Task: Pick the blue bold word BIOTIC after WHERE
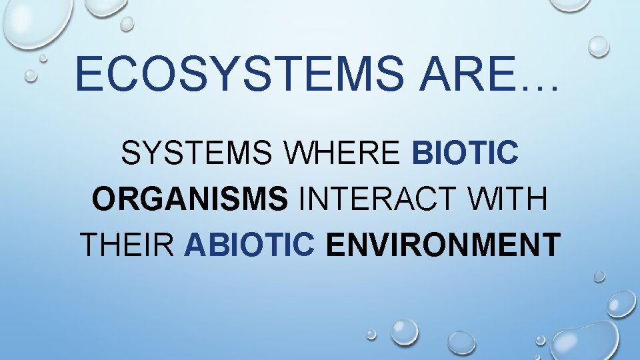[x=465, y=155]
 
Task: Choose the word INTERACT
[x=375, y=200]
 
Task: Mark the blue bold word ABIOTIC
[x=249, y=245]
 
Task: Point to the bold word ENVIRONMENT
[x=443, y=245]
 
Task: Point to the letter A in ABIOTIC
[x=195, y=245]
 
